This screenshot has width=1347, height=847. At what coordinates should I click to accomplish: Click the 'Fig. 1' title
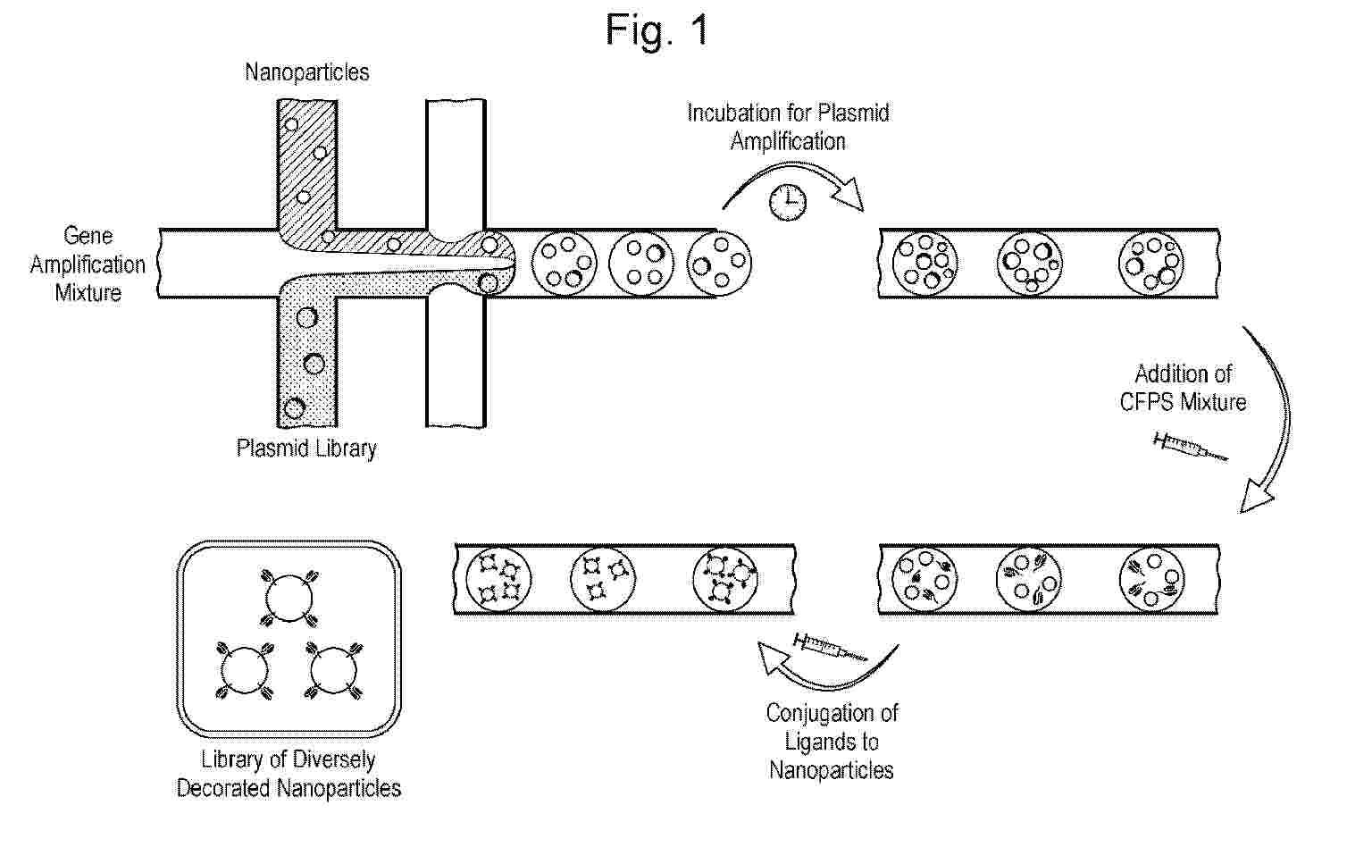(x=657, y=31)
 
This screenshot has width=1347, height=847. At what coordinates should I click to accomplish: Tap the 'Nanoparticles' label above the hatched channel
(x=306, y=72)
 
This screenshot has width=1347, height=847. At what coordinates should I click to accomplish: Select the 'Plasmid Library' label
(x=306, y=449)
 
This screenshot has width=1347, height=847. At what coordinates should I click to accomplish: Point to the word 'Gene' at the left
(x=88, y=235)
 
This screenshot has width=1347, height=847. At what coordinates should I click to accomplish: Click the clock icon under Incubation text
(x=788, y=201)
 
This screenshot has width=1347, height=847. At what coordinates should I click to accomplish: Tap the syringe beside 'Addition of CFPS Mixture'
(x=1191, y=447)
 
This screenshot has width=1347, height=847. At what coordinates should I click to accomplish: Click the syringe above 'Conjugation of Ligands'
(x=830, y=647)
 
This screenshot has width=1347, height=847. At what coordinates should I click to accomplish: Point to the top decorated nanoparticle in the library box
(x=289, y=599)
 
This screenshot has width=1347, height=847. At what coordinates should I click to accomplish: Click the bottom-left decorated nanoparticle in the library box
(x=244, y=671)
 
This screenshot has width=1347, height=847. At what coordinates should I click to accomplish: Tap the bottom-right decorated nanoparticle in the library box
(x=334, y=671)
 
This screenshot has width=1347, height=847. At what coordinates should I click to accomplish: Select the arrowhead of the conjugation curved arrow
(x=771, y=658)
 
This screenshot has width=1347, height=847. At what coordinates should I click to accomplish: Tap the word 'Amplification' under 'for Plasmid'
(x=788, y=142)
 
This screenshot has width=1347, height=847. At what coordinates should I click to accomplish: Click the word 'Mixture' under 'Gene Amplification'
(x=88, y=293)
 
